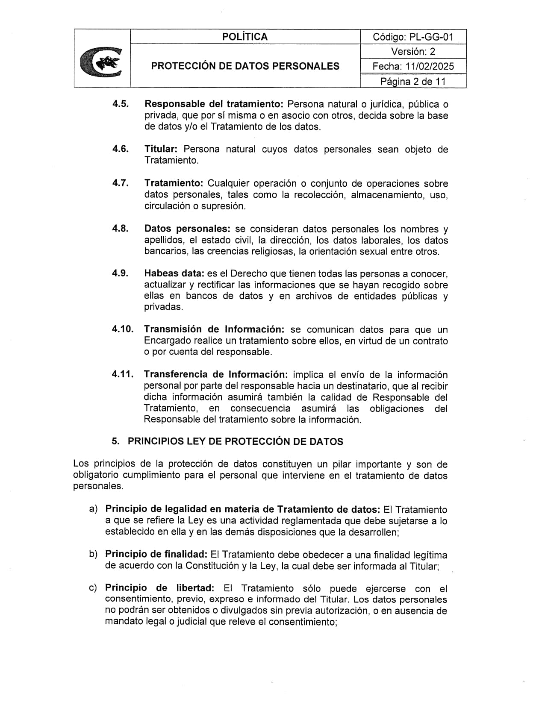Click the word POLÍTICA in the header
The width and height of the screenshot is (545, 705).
tap(245, 37)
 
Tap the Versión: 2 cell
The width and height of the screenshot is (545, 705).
tap(413, 52)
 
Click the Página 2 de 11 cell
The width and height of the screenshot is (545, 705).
tap(413, 81)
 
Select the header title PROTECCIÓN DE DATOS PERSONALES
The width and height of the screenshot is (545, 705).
tap(245, 66)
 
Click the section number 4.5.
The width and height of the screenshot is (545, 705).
tap(121, 104)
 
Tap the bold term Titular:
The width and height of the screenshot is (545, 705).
tap(161, 149)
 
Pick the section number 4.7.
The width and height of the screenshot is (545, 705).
tap(121, 183)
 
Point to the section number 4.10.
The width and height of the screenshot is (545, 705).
tap(123, 329)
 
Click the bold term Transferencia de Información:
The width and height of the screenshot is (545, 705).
tap(216, 374)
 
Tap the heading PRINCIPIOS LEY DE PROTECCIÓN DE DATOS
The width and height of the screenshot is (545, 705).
tap(235, 441)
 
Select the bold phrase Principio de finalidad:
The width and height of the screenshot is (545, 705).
tap(156, 554)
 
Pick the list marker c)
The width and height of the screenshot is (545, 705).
tap(93, 588)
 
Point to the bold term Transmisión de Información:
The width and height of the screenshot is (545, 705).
tap(214, 329)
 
